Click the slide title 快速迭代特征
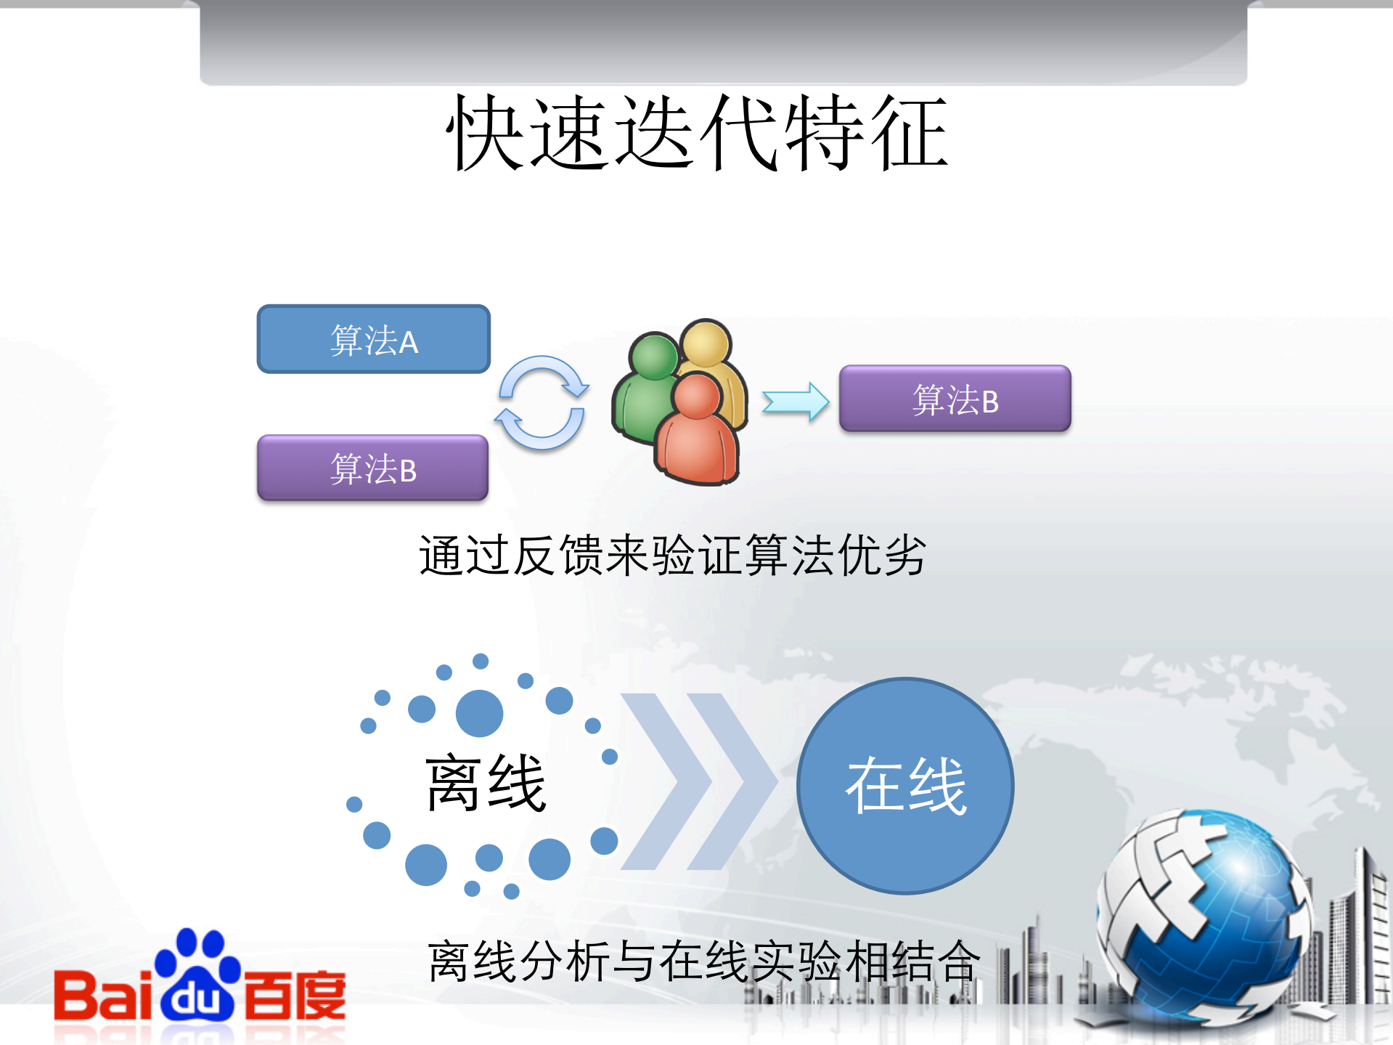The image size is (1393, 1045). pyautogui.click(x=697, y=133)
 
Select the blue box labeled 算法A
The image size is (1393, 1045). pyautogui.click(x=373, y=339)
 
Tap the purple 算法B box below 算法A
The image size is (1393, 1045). pyautogui.click(x=372, y=468)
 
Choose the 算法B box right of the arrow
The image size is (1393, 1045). pyautogui.click(x=955, y=399)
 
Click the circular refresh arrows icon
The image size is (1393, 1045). pyautogui.click(x=542, y=402)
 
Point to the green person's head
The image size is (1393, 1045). pyautogui.click(x=654, y=356)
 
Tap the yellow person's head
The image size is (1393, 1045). pyautogui.click(x=706, y=343)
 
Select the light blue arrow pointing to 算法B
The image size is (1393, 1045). pyautogui.click(x=795, y=402)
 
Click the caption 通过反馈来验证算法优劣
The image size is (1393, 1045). pyautogui.click(x=672, y=556)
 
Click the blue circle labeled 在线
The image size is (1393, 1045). pyautogui.click(x=905, y=786)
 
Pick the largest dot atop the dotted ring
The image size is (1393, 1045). pyautogui.click(x=479, y=713)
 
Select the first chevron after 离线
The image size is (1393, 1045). pyautogui.click(x=665, y=781)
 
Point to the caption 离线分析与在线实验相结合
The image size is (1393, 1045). pyautogui.click(x=704, y=961)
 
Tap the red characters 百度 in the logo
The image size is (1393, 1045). pyautogui.click(x=295, y=995)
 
